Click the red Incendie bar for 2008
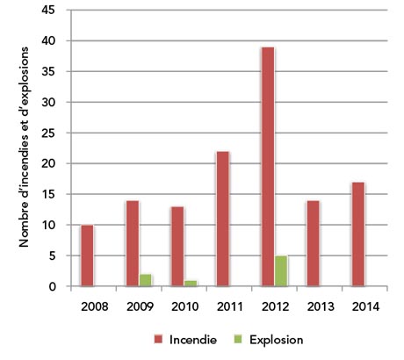pos(87,256)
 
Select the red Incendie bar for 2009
pos(133,243)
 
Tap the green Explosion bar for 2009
pos(146,280)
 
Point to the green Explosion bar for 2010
pos(191,283)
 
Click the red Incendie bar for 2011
pos(223,219)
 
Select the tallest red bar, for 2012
pos(268,167)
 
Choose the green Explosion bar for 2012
pos(281,271)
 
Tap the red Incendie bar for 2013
pos(313,243)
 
